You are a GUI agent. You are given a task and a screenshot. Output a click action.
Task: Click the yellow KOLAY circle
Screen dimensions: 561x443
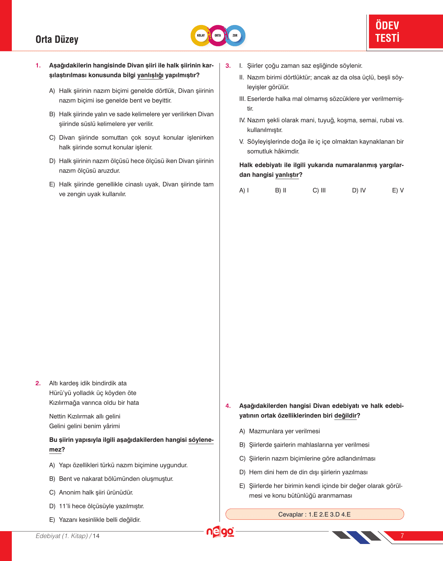[201, 35]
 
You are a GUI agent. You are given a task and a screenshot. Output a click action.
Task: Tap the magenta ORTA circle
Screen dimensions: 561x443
[218, 35]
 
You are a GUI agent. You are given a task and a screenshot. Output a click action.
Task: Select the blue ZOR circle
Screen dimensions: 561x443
[235, 35]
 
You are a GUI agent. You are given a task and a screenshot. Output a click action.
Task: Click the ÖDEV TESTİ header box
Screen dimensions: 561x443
[405, 32]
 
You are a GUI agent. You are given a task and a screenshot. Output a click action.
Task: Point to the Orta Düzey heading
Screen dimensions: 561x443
[57, 39]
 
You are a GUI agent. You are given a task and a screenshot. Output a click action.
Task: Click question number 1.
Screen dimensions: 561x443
[38, 66]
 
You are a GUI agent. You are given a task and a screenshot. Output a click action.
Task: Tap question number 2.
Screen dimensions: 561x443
[38, 383]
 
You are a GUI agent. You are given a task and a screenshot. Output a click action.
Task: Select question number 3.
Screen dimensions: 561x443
[228, 66]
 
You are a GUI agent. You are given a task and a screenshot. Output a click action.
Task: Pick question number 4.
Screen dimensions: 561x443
[228, 406]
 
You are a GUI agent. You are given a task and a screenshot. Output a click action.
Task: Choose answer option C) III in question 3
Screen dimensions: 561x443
[319, 190]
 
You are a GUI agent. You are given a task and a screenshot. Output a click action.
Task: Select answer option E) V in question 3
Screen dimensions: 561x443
[398, 190]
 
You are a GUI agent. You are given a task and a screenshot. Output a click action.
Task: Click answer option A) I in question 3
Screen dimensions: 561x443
[244, 190]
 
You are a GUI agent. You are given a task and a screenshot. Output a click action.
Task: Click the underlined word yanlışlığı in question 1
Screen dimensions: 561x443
[150, 75]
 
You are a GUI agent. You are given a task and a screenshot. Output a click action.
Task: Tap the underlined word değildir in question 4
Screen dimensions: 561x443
[345, 416]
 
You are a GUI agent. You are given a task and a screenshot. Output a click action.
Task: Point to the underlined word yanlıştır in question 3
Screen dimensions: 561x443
[287, 175]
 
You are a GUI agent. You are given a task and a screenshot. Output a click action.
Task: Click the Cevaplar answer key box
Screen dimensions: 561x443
[314, 514]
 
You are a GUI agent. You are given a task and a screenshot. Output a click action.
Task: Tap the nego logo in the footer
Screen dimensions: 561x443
[220, 532]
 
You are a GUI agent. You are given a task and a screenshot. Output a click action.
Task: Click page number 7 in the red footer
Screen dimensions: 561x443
[402, 536]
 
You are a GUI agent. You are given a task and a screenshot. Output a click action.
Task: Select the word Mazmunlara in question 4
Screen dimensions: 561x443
[266, 431]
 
